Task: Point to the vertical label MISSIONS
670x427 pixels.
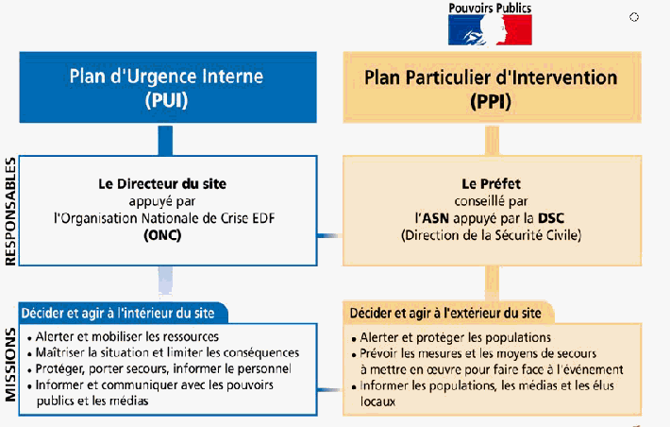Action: coord(10,364)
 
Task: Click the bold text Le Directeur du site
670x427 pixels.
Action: coord(165,183)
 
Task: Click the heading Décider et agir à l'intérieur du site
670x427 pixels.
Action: coord(125,313)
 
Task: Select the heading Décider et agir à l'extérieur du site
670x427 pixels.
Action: coord(448,313)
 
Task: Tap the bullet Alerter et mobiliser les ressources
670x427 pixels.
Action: coord(124,336)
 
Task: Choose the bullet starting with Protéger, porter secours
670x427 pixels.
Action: coord(159,368)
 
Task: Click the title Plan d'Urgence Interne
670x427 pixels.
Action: coord(165,77)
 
